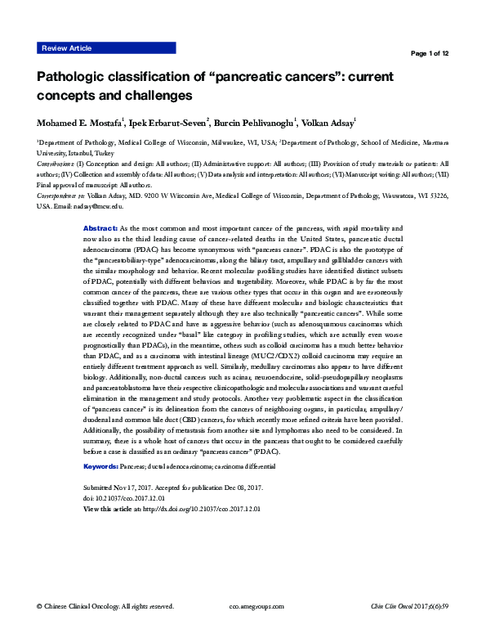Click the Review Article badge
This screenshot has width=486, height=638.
coord(69,49)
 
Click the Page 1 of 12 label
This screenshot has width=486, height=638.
coord(428,54)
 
